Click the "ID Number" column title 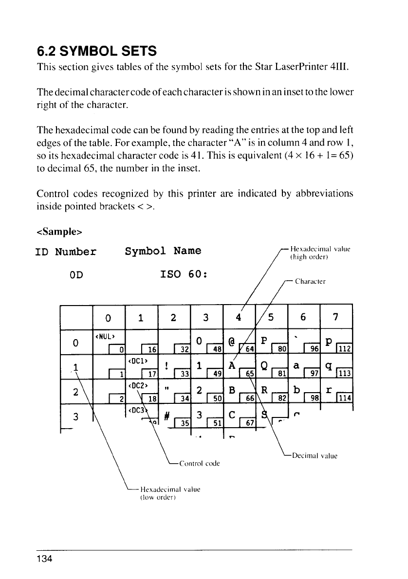coord(66,252)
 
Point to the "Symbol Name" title coord(163,252)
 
